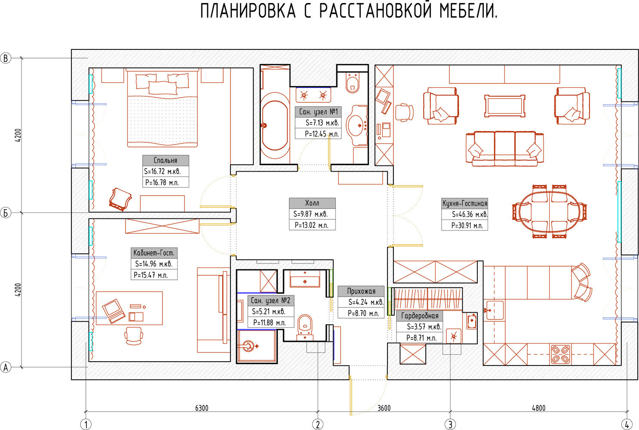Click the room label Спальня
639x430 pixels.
166,160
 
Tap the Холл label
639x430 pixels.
312,203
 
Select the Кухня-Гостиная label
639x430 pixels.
465,203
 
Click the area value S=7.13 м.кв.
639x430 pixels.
323,123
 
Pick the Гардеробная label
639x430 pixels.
420,316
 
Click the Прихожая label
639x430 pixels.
361,291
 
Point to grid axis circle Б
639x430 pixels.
6,213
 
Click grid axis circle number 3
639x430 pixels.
450,424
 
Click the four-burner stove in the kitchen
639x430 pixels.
560,354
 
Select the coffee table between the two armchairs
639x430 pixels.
505,106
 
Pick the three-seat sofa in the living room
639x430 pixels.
505,149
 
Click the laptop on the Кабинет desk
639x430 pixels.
114,311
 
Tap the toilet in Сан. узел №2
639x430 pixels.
305,327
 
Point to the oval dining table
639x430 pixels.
550,212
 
